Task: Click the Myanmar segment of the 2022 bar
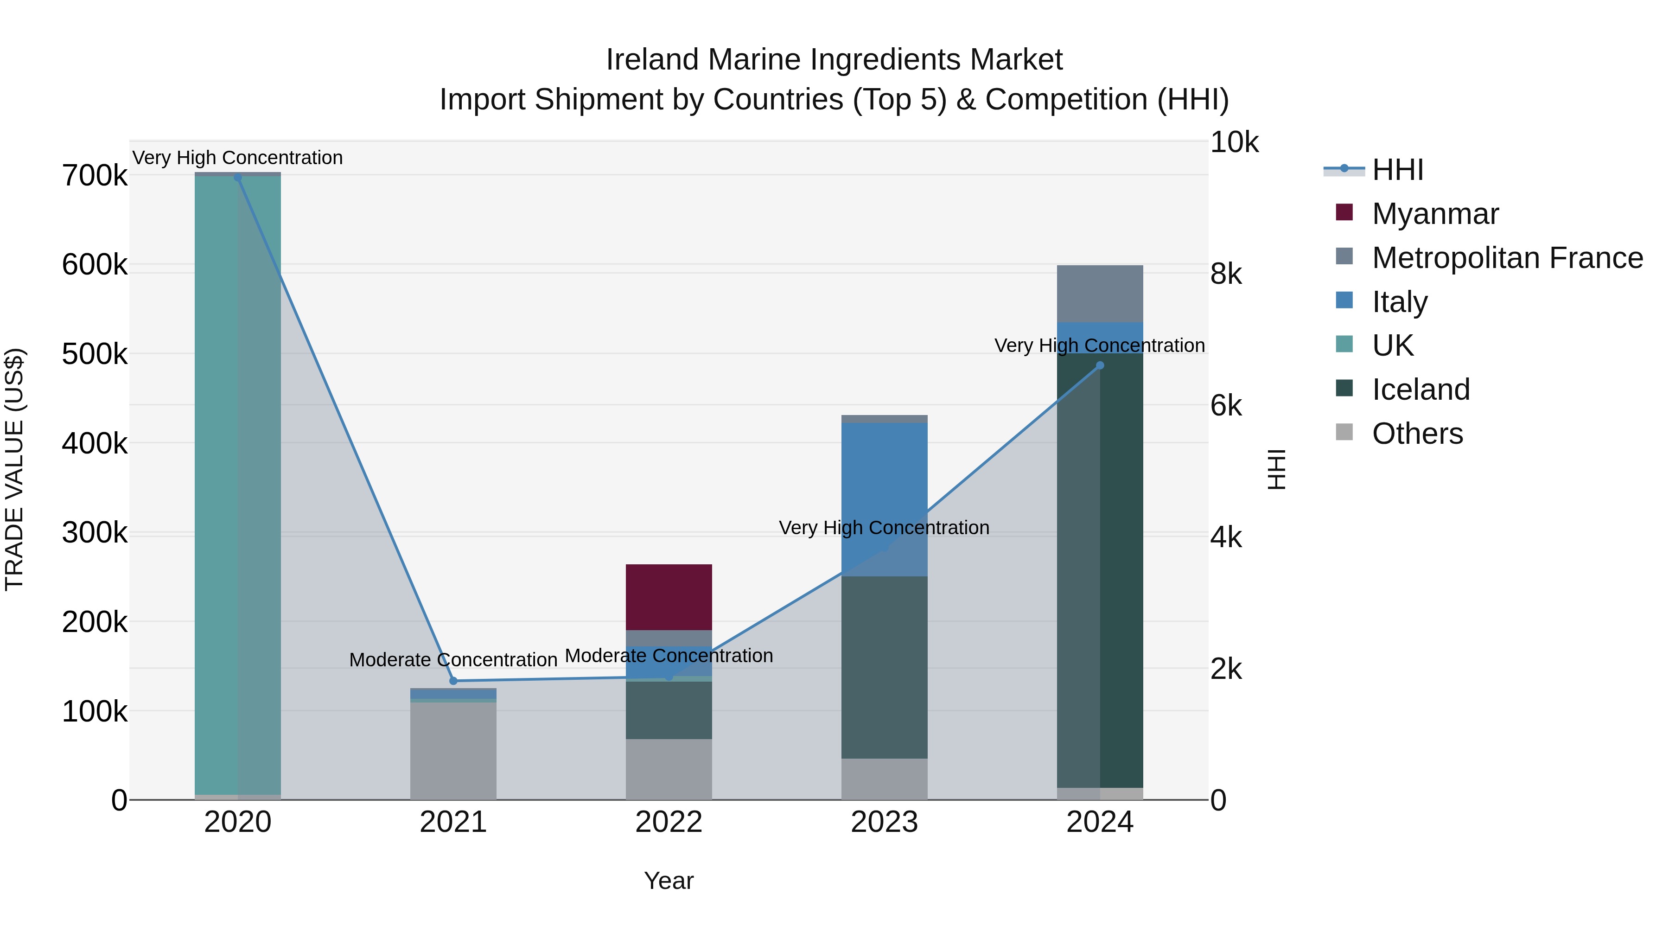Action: coord(669,596)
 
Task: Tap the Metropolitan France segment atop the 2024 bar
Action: coord(1100,293)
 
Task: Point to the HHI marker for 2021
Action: coord(453,680)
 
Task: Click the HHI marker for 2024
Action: coord(1100,365)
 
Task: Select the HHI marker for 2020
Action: coord(238,178)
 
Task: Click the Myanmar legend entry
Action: coord(1434,214)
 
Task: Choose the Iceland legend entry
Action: coord(1420,390)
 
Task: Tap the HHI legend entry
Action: coord(1397,170)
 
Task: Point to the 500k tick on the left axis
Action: coord(95,354)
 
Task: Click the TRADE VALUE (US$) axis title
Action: coord(14,469)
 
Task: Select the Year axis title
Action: coord(669,881)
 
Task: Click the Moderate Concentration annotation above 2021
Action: coord(453,660)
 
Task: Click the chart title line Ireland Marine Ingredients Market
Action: coord(834,60)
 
